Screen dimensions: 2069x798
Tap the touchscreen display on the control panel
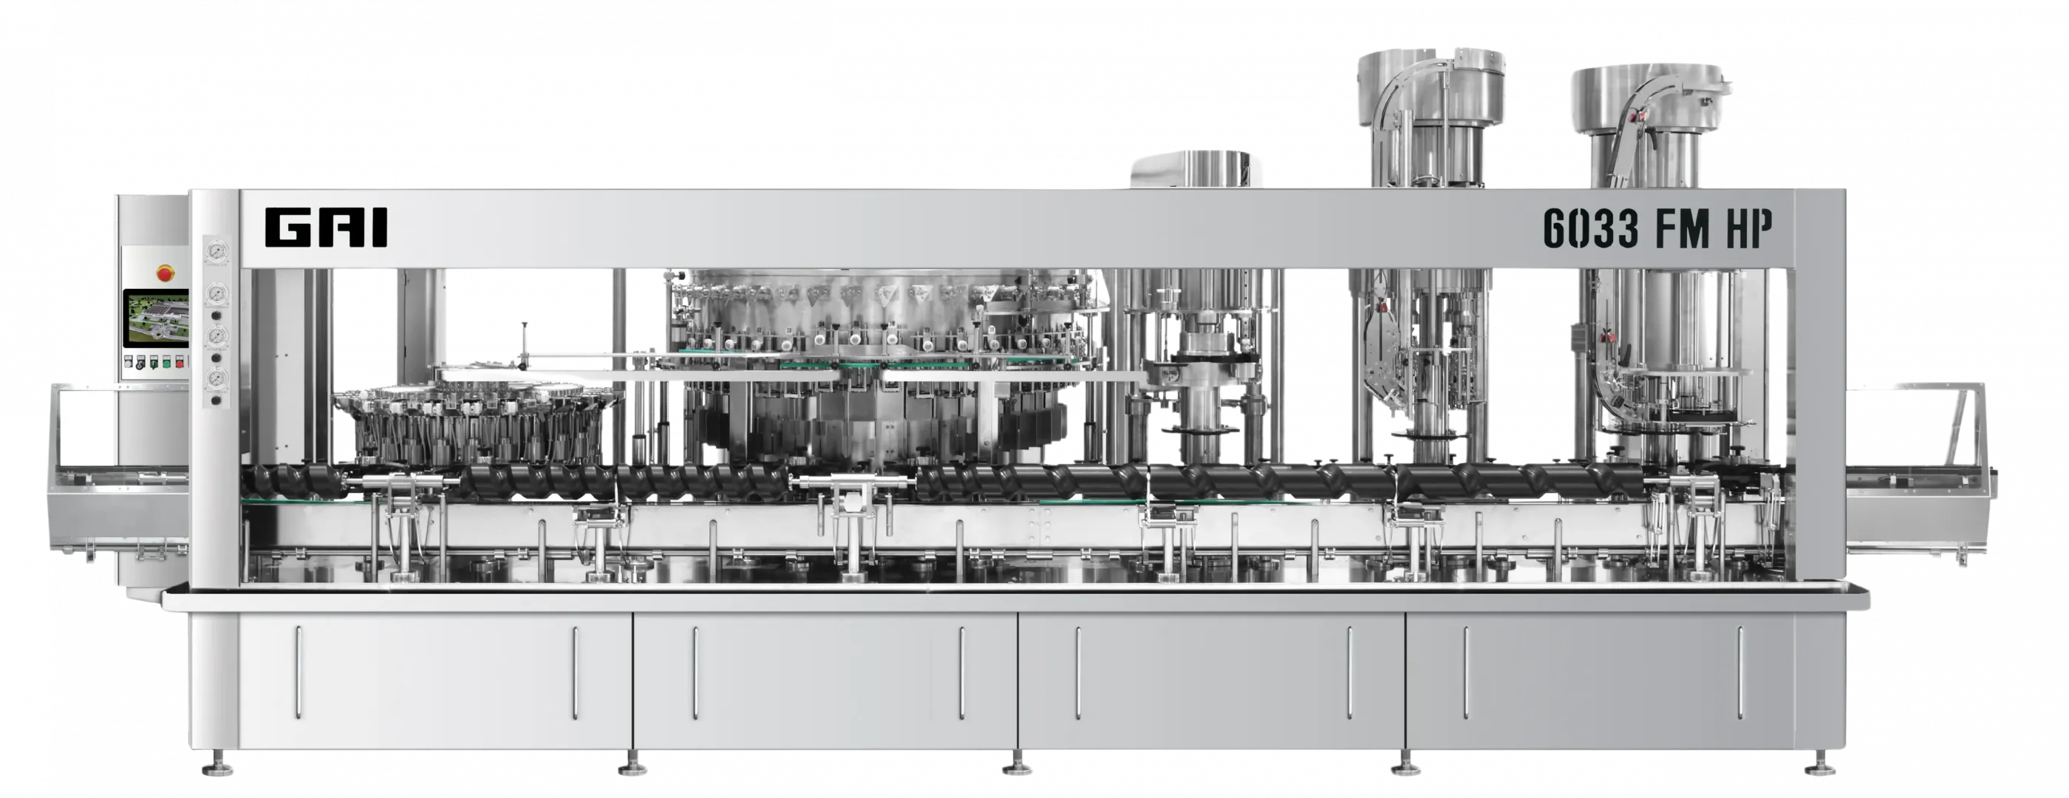pos(156,318)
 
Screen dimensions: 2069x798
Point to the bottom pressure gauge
pos(216,378)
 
